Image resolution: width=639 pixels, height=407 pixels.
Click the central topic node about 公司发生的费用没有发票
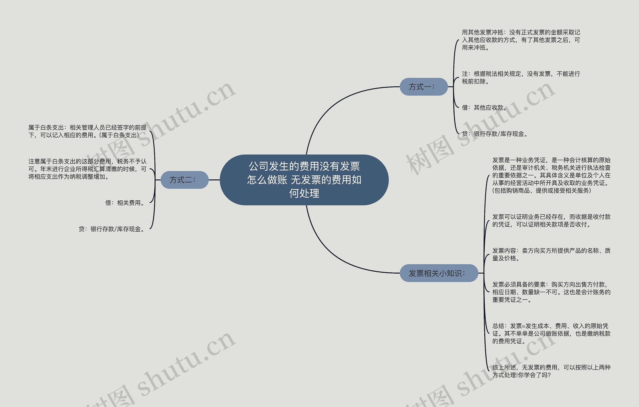point(304,180)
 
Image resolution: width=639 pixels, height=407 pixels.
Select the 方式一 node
point(424,87)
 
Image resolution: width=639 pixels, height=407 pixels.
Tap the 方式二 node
point(184,180)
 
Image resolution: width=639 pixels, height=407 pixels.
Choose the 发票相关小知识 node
point(439,273)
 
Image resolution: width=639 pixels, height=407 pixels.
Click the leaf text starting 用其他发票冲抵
point(521,40)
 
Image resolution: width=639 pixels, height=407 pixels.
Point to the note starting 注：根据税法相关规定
point(521,77)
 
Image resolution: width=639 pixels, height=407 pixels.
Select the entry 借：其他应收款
point(484,108)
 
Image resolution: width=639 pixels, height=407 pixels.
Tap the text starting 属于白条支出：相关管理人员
point(87,131)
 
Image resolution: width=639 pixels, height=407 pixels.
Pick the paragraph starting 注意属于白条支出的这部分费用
point(87,169)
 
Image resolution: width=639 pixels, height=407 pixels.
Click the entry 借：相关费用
point(125,203)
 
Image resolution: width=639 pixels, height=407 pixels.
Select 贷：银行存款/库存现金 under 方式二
point(112,229)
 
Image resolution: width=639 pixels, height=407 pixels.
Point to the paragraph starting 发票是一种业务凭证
point(551,175)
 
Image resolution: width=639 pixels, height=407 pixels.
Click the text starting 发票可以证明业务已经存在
point(551,221)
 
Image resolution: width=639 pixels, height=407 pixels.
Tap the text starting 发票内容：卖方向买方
point(551,254)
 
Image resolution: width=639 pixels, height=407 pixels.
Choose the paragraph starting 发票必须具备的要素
point(551,292)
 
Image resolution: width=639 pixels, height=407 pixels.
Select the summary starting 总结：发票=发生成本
point(551,333)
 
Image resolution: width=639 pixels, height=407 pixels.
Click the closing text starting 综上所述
point(551,371)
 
